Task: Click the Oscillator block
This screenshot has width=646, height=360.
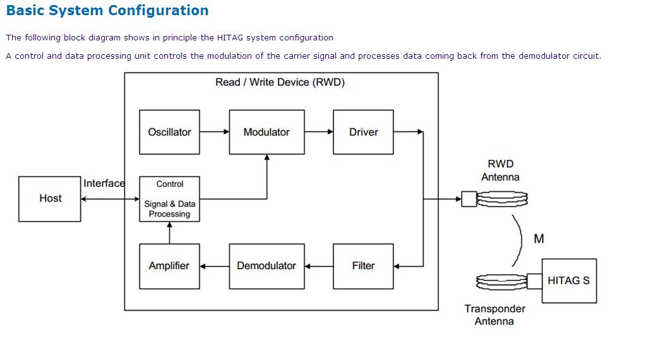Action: pos(169,132)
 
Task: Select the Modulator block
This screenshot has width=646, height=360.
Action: pos(266,132)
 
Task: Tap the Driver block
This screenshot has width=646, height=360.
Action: pos(363,132)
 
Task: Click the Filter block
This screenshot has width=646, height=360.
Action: pos(363,266)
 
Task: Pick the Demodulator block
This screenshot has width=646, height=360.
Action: pos(266,266)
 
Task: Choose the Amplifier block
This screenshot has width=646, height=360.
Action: pos(169,266)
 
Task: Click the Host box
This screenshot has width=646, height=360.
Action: pos(50,198)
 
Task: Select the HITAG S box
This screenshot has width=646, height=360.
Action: pos(569,280)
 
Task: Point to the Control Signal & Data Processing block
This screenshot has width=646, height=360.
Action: pos(169,199)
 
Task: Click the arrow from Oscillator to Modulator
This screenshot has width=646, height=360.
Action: pos(215,132)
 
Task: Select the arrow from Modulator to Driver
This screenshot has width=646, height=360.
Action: pos(319,132)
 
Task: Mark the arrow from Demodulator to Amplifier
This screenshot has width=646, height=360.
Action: pos(215,266)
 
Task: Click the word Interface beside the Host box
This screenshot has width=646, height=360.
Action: pos(104,183)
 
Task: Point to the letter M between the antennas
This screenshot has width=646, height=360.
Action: pos(539,239)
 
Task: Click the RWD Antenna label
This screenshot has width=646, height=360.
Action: pos(500,171)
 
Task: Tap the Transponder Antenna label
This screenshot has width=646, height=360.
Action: pos(494,315)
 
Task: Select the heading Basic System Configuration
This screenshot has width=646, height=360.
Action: pos(107,11)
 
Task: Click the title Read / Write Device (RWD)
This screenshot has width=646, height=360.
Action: pos(280,82)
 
